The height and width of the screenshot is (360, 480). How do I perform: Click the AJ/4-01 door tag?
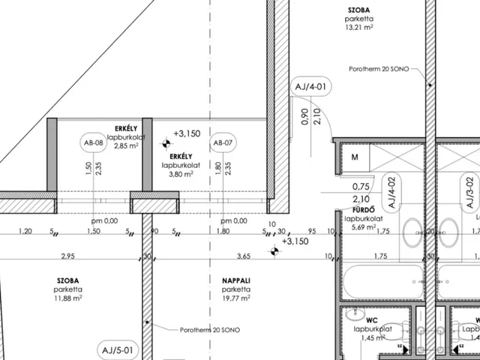pos(310,87)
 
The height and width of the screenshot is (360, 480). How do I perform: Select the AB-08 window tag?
pos(94,142)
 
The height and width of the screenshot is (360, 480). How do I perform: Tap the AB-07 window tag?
pos(223,142)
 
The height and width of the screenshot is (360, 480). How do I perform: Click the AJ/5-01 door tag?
pos(118,350)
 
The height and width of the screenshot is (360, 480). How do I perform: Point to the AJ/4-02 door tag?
pos(392,193)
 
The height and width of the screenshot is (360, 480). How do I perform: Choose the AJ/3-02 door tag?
pos(470,193)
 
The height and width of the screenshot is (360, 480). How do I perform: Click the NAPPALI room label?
pos(236,280)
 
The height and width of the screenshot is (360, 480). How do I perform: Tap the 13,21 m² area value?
pos(359,27)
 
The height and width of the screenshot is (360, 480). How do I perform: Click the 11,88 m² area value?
pos(68,298)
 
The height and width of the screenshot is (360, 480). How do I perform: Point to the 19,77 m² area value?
pos(236,298)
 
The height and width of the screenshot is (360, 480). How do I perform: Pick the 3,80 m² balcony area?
pos(181,174)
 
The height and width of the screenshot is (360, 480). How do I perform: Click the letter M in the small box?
pos(355,157)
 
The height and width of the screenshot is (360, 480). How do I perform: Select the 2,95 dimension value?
pos(68,256)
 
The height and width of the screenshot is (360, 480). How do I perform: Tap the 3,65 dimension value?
pos(244,256)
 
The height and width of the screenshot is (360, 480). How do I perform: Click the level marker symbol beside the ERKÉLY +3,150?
pos(166,143)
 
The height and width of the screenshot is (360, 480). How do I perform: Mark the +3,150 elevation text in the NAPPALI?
pos(295,241)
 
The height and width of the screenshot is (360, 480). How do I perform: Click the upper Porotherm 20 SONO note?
pos(379,69)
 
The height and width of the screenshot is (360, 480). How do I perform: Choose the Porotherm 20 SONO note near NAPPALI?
pos(210,330)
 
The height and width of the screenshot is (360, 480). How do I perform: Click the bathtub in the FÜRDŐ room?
pos(383,282)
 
